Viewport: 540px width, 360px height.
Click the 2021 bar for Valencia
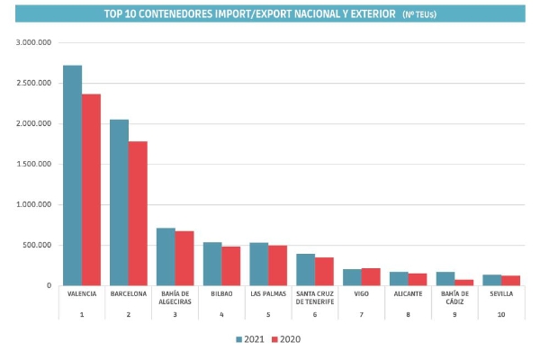(x=73, y=175)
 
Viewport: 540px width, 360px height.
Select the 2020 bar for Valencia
(x=91, y=190)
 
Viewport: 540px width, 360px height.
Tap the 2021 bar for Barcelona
(x=119, y=202)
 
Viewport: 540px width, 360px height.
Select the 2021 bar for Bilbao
(x=212, y=264)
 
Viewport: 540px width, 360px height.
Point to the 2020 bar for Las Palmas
(x=277, y=265)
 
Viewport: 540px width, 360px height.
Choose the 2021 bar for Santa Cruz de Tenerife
(x=306, y=270)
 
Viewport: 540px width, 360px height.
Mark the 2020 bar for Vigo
(x=371, y=277)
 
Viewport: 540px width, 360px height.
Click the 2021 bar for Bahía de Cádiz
(x=445, y=279)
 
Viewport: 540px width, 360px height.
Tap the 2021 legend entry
(x=250, y=339)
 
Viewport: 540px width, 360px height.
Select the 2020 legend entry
(x=288, y=339)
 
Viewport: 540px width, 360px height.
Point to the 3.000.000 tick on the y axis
(x=36, y=42)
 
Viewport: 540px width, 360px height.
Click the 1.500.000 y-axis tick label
(x=36, y=164)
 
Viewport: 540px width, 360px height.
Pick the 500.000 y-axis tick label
(x=40, y=245)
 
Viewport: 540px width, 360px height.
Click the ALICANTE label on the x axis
(x=408, y=294)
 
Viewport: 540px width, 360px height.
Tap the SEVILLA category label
(x=500, y=294)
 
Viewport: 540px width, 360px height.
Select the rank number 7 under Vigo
(x=362, y=313)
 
